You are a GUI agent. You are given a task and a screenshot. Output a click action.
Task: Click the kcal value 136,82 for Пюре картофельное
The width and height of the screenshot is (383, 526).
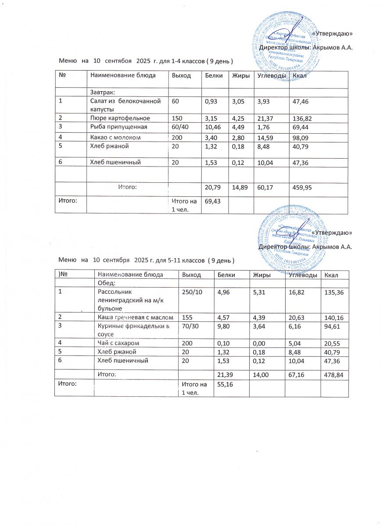(x=301, y=118)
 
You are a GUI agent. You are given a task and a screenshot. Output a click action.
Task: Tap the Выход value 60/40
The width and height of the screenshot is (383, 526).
(x=180, y=127)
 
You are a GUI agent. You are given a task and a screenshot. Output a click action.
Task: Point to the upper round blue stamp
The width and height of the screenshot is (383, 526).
(x=287, y=43)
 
